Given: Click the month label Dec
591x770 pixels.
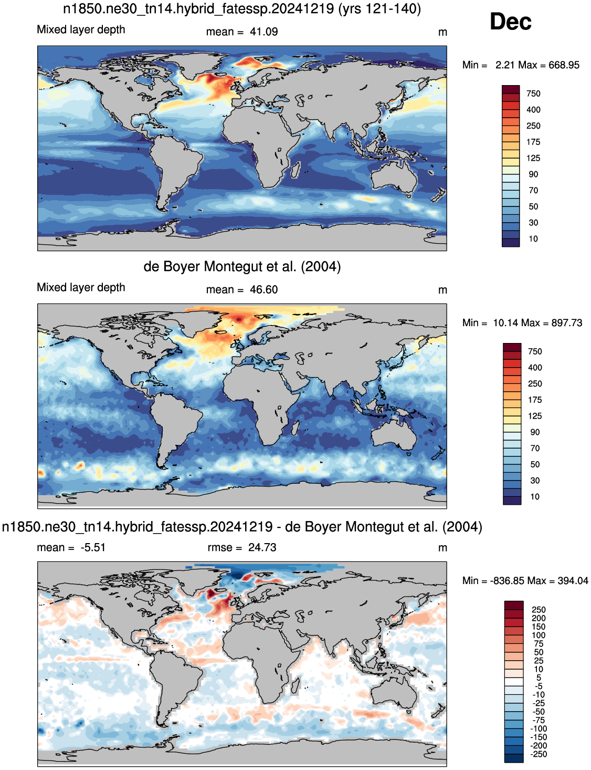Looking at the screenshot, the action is pyautogui.click(x=510, y=22).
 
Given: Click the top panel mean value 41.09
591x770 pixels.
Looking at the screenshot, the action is pyautogui.click(x=264, y=32).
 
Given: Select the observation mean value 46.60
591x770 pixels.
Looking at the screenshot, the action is pyautogui.click(x=264, y=289).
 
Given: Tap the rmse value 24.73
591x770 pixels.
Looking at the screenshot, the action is pyautogui.click(x=262, y=547).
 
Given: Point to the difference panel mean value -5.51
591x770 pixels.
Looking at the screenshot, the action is pyautogui.click(x=93, y=547).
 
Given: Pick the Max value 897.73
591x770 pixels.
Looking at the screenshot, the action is pyautogui.click(x=566, y=323).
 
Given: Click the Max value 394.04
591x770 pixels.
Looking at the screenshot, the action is pyautogui.click(x=573, y=581).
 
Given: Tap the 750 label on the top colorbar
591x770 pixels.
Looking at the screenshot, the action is pyautogui.click(x=533, y=93).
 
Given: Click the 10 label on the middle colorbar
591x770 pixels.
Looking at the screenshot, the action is pyautogui.click(x=535, y=496).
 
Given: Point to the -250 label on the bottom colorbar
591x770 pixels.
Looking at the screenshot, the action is pyautogui.click(x=539, y=754).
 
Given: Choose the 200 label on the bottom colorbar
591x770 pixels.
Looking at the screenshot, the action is pyautogui.click(x=539, y=618).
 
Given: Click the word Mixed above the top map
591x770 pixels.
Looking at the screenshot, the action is pyautogui.click(x=50, y=29).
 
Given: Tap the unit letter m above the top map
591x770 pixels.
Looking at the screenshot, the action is pyautogui.click(x=442, y=33).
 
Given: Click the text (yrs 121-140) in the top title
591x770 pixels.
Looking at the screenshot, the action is pyautogui.click(x=379, y=9).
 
